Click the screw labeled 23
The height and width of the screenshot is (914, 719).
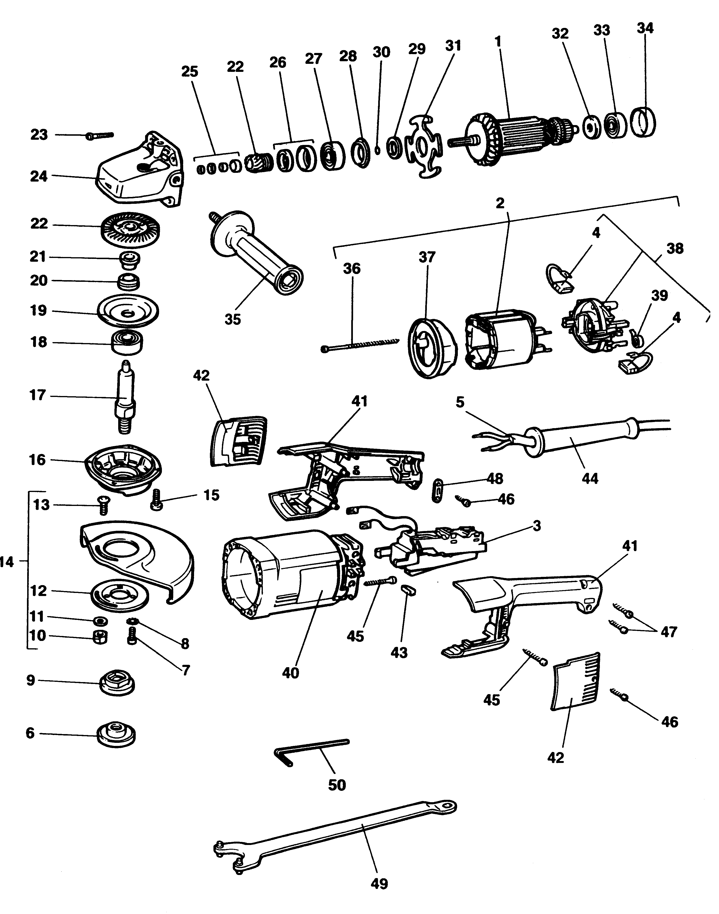pyautogui.click(x=100, y=135)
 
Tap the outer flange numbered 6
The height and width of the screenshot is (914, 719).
pyautogui.click(x=117, y=735)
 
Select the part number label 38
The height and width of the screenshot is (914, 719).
pyautogui.click(x=675, y=248)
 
